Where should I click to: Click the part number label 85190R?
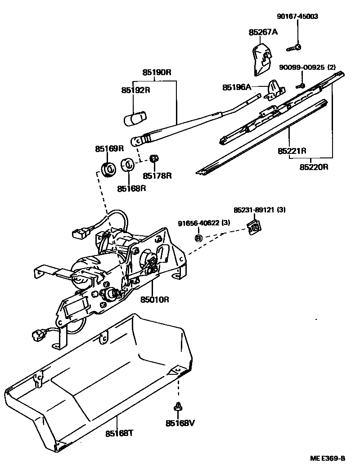[x=157, y=72]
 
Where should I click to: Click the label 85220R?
[x=314, y=166]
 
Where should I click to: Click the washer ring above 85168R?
[x=127, y=165]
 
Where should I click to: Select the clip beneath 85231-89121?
[x=255, y=227]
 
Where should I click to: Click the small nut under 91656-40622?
[x=198, y=238]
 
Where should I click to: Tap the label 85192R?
[x=135, y=90]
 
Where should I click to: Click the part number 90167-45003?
[x=297, y=17]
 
